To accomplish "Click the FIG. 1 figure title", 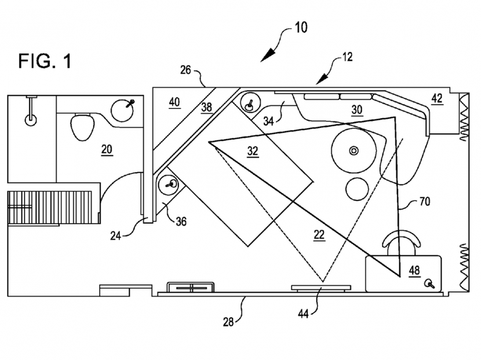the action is pyautogui.click(x=45, y=61).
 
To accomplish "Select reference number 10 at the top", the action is pyautogui.click(x=301, y=28).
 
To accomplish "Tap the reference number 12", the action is pyautogui.click(x=347, y=57).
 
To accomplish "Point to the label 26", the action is pyautogui.click(x=185, y=70).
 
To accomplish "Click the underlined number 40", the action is pyautogui.click(x=174, y=102).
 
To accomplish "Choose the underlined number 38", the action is pyautogui.click(x=206, y=107).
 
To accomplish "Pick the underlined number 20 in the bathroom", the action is pyautogui.click(x=107, y=150).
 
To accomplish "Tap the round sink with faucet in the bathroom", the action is pyautogui.click(x=122, y=109).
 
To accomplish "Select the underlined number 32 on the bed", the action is pyautogui.click(x=253, y=151).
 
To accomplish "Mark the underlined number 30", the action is pyautogui.click(x=357, y=110).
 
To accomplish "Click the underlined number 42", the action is pyautogui.click(x=437, y=99).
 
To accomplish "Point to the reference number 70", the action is pyautogui.click(x=425, y=201).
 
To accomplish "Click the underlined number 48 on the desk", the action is pyautogui.click(x=414, y=270).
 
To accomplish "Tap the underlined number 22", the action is pyautogui.click(x=319, y=235).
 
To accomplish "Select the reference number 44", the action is pyautogui.click(x=303, y=314).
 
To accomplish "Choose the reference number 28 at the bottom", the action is pyautogui.click(x=228, y=322).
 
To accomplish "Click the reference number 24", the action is pyautogui.click(x=116, y=237).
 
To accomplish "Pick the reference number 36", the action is pyautogui.click(x=181, y=221).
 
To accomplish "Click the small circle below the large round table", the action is pyautogui.click(x=357, y=189).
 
